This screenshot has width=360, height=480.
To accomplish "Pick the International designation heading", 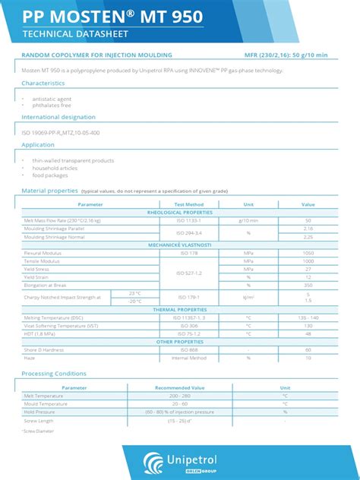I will click(58, 117).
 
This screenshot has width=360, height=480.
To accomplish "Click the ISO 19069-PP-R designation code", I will click(61, 132).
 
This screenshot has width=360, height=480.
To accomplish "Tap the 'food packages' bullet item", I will click(50, 175).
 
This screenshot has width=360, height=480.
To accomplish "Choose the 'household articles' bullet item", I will click(55, 168).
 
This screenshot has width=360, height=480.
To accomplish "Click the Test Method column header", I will click(189, 204).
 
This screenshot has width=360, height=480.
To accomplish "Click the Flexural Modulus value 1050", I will click(308, 253).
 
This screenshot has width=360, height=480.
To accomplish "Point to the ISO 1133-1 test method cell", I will click(189, 220).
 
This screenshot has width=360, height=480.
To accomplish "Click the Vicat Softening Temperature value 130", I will click(308, 325).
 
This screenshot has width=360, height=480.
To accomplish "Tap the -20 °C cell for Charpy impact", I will click(134, 301).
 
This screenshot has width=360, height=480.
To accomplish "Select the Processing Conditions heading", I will click(54, 374).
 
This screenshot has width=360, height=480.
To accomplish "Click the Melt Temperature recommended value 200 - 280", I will click(180, 396).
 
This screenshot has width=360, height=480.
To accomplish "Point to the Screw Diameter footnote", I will click(39, 431).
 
